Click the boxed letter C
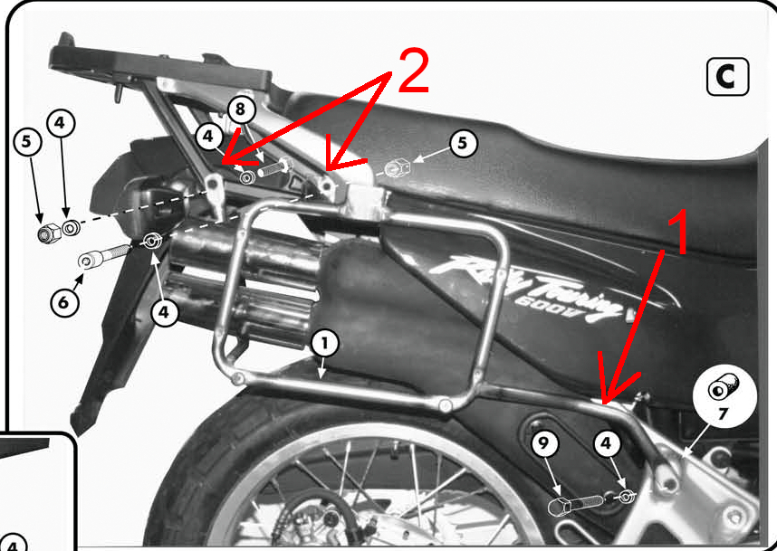[727, 77]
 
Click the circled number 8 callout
[240, 109]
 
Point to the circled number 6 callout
[64, 301]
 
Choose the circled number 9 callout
[544, 444]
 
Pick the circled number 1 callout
[324, 344]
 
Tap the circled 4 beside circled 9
[607, 444]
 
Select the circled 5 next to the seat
[463, 144]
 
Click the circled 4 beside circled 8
[209, 138]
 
